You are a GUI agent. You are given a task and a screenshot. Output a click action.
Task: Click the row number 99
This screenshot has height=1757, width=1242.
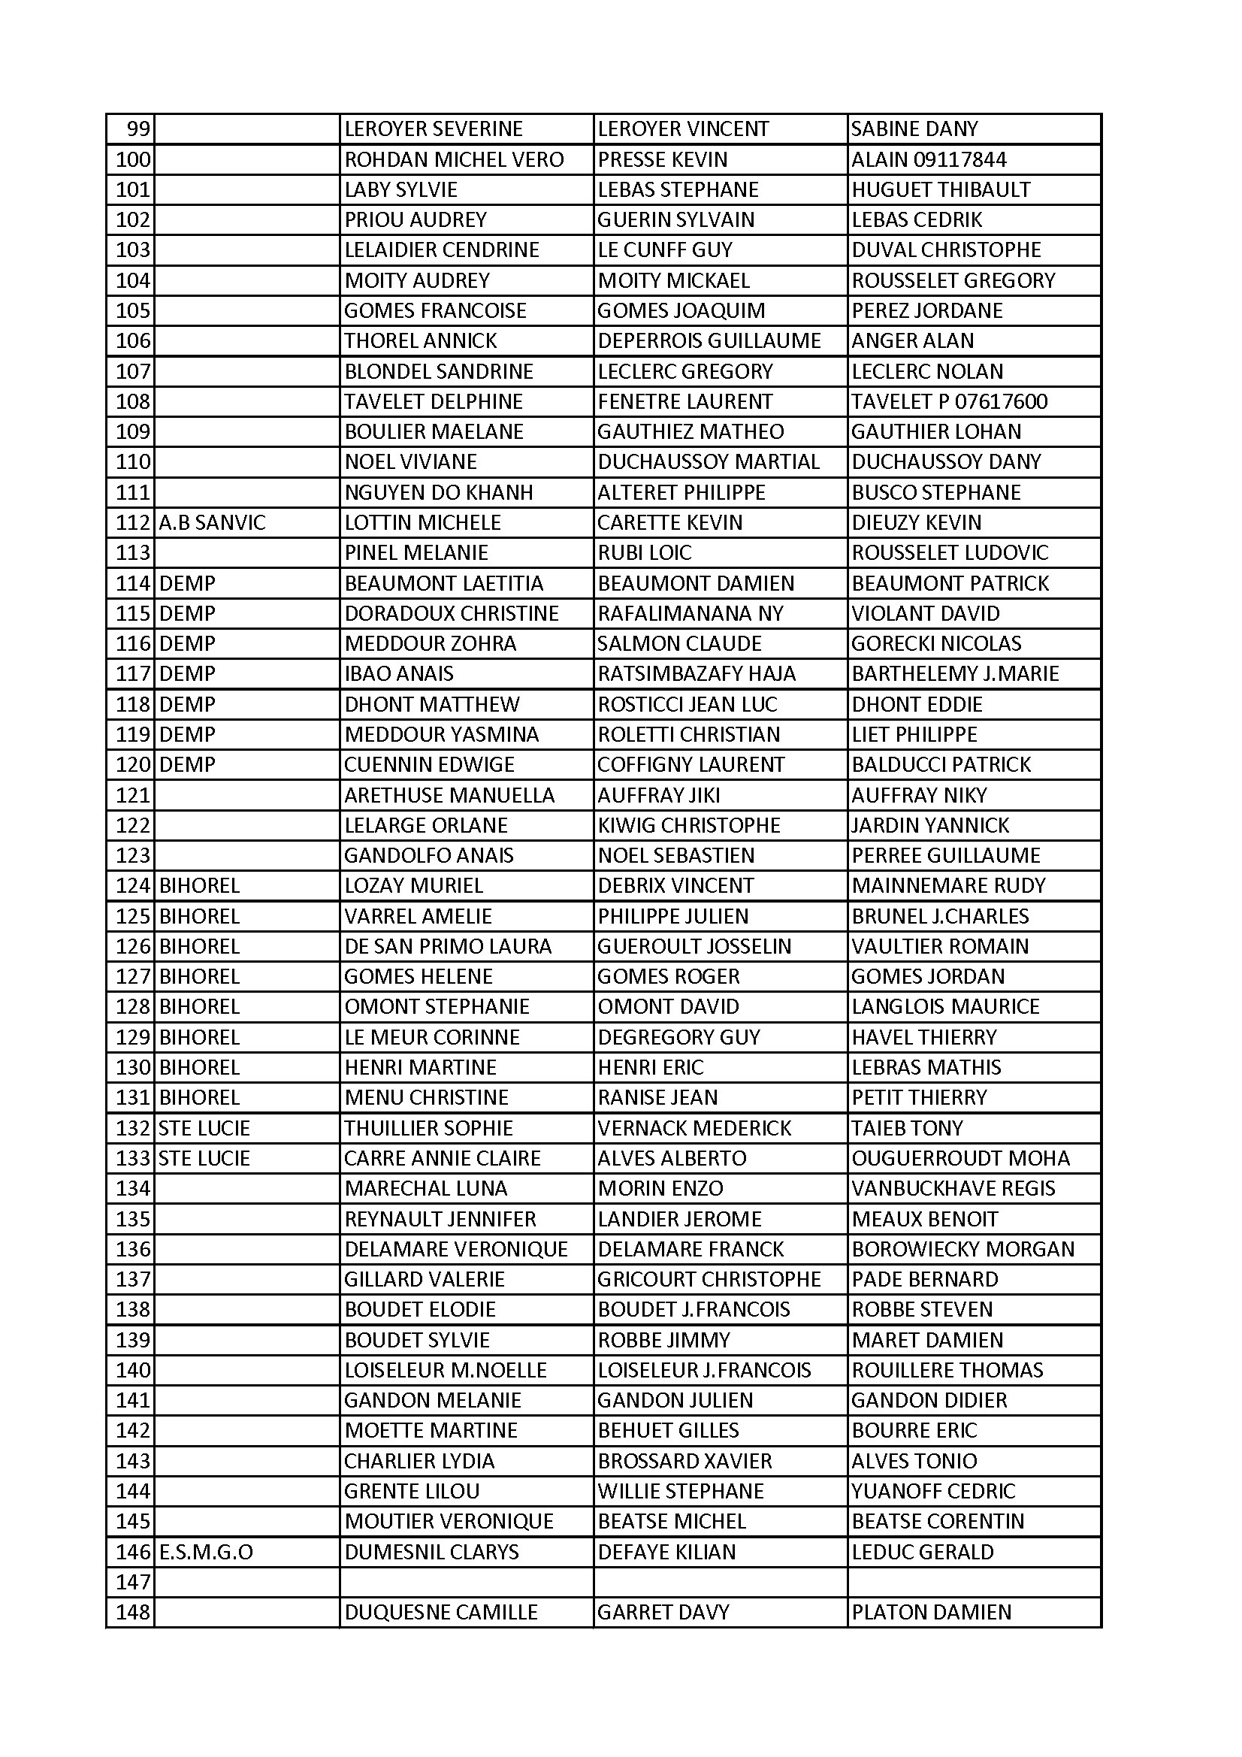(x=137, y=129)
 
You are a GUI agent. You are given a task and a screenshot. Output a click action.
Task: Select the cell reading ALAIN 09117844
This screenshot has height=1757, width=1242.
(x=928, y=159)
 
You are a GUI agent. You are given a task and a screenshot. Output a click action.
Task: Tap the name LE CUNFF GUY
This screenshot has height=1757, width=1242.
(x=664, y=250)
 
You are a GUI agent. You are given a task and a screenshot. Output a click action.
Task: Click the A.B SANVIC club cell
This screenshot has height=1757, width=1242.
(x=212, y=522)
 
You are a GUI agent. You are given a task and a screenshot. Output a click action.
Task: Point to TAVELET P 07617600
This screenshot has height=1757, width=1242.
(x=949, y=402)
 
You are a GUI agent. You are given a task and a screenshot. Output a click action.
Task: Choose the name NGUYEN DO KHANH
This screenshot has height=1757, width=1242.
(x=439, y=493)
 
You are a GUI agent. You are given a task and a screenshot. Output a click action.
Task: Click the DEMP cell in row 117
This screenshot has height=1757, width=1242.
(x=187, y=673)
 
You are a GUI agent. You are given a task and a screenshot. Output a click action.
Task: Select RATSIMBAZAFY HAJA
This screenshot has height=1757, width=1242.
(x=697, y=673)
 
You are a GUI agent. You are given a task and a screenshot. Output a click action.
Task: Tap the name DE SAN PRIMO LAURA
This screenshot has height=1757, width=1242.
(x=448, y=947)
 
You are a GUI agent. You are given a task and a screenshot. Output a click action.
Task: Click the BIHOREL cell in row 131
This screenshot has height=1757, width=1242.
(x=199, y=1097)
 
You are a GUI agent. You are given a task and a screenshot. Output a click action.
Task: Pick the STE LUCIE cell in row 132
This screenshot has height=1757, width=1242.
(x=204, y=1128)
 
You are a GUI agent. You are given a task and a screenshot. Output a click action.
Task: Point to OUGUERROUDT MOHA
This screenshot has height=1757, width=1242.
(x=960, y=1159)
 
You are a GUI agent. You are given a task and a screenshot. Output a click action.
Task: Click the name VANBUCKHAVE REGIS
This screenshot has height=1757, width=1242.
(x=953, y=1188)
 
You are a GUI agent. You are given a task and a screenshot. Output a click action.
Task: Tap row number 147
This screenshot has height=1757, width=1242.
(x=132, y=1582)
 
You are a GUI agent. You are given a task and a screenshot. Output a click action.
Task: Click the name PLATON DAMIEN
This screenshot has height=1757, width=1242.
(x=930, y=1613)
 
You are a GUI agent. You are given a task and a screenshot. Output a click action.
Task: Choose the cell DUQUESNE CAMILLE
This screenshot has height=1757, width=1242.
(x=441, y=1613)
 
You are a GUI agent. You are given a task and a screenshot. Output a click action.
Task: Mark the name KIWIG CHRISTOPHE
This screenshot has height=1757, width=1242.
(x=688, y=825)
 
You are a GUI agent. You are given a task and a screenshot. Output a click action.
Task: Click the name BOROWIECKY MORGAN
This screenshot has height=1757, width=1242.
(x=962, y=1249)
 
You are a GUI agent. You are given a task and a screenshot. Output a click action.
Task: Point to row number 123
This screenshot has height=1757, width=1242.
(x=132, y=855)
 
